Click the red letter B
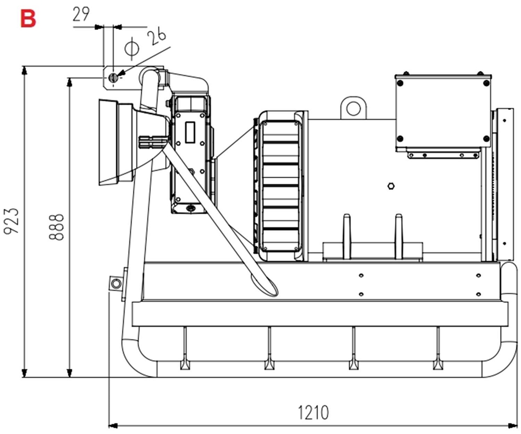[28, 18]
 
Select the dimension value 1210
[313, 413]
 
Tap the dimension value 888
[57, 227]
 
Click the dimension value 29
[81, 14]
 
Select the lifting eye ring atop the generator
[354, 108]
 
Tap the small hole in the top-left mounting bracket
[114, 78]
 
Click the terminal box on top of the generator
[443, 110]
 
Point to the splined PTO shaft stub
[151, 144]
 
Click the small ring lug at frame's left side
[115, 283]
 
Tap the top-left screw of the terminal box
[400, 82]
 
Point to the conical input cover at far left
[116, 141]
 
